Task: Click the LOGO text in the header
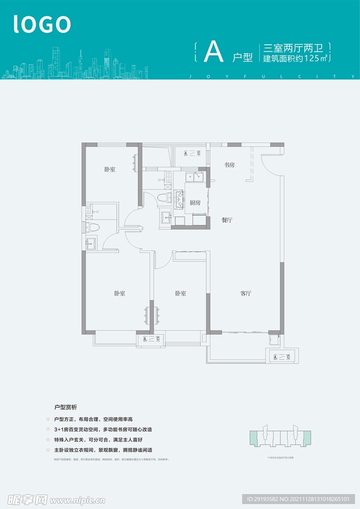point(42,24)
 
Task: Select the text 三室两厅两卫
point(293,48)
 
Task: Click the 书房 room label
point(229,165)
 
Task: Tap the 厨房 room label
point(195,203)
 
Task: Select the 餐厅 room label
point(227,220)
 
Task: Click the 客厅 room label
point(246,293)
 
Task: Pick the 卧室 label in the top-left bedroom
point(110,170)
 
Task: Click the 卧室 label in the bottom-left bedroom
point(119,293)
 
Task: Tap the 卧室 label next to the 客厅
point(180,293)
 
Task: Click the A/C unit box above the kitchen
point(192,153)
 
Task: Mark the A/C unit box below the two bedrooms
point(151,339)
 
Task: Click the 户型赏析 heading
point(66,406)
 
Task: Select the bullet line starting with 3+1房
point(102,429)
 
